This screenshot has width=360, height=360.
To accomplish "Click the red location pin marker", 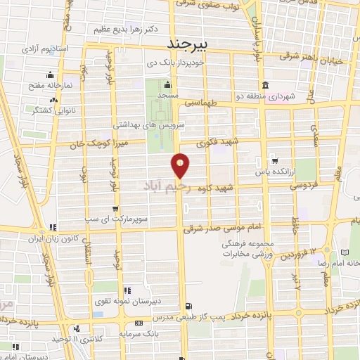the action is pos(181,166).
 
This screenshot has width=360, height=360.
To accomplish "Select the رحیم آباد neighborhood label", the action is pos(168,187).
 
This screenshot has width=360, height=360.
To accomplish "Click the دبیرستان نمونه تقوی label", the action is pos(129,301).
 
